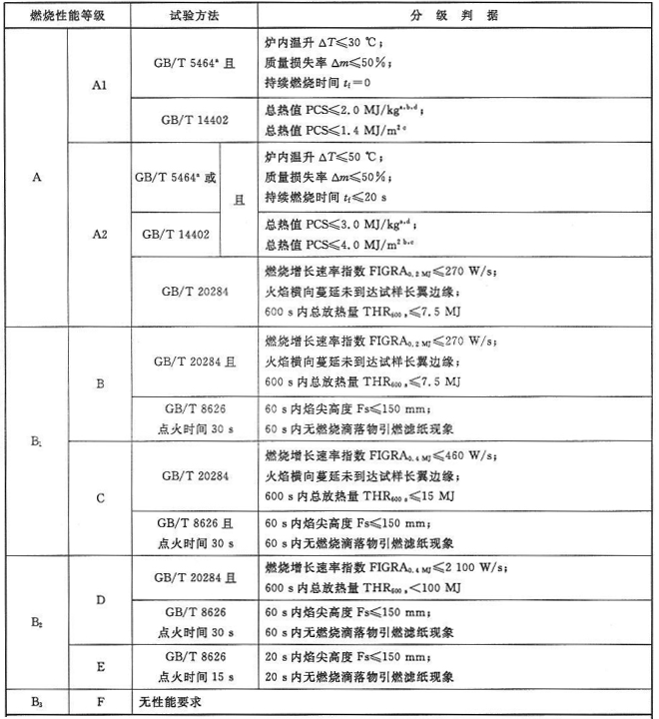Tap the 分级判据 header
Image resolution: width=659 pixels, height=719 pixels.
[455, 17]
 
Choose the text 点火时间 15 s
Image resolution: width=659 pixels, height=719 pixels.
[195, 676]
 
